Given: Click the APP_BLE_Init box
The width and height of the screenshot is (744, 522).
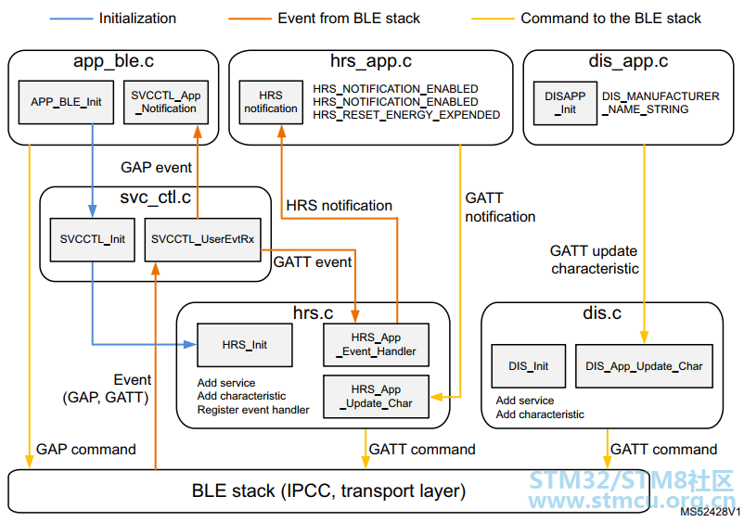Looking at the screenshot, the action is click(x=66, y=102).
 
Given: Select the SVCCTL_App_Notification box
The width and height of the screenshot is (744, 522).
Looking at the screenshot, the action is click(x=166, y=102).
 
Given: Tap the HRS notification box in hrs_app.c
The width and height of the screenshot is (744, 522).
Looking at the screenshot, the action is click(x=271, y=102).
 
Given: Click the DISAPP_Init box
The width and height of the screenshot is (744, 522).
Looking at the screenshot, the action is click(x=565, y=103).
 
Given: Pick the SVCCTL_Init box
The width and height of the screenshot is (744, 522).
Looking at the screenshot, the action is click(x=93, y=239).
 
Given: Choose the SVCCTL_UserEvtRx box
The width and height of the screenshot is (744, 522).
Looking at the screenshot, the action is click(x=202, y=239).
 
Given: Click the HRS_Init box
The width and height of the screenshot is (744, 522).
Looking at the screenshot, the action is click(x=245, y=345).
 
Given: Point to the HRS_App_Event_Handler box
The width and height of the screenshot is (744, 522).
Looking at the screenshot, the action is click(x=377, y=345).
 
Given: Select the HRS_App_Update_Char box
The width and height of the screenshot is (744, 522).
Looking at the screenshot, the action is click(x=377, y=396).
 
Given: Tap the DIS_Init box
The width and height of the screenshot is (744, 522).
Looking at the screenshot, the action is click(x=529, y=366).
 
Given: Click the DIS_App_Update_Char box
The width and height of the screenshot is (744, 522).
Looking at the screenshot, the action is click(x=644, y=366).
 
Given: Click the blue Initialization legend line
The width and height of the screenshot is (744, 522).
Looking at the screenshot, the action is click(x=71, y=19).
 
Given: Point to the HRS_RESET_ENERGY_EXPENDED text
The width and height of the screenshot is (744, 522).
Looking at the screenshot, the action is click(x=406, y=115).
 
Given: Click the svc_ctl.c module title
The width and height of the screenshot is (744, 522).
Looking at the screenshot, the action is click(x=156, y=197).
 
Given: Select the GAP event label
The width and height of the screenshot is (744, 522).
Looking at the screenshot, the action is click(x=156, y=168).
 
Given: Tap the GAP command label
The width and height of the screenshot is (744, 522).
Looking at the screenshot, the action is click(x=86, y=449).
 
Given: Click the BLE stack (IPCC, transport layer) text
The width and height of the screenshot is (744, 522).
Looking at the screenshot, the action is click(x=328, y=491).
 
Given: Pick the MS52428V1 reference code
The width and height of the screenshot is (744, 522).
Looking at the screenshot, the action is click(x=711, y=512).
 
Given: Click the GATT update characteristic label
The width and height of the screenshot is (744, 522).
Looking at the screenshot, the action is click(x=595, y=260).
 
